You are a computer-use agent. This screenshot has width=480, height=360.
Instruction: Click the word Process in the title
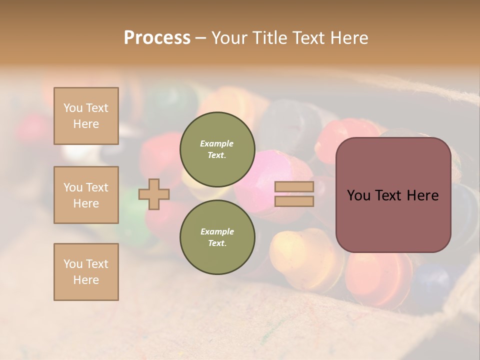tap(157, 38)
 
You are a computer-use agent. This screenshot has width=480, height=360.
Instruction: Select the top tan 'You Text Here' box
tap(86, 116)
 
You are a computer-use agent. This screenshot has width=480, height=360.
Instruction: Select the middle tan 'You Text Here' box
tap(86, 195)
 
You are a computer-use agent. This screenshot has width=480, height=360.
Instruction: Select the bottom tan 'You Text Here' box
tap(86, 272)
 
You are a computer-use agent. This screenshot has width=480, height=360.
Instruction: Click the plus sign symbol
tap(154, 194)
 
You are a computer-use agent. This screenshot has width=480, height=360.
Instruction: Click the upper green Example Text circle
tap(217, 149)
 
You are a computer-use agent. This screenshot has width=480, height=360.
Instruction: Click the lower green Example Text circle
tap(217, 237)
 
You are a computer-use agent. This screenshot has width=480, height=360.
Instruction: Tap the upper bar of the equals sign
tap(294, 186)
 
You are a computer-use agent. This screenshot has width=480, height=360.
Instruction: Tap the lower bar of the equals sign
tap(294, 201)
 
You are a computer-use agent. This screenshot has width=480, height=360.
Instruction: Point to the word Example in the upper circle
tap(217, 143)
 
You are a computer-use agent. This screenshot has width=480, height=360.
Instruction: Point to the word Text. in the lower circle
tap(217, 243)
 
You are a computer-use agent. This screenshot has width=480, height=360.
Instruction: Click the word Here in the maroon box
tap(422, 195)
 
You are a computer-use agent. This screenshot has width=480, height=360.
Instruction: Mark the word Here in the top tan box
tap(86, 124)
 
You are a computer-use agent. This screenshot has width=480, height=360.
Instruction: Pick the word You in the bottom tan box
tap(73, 264)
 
